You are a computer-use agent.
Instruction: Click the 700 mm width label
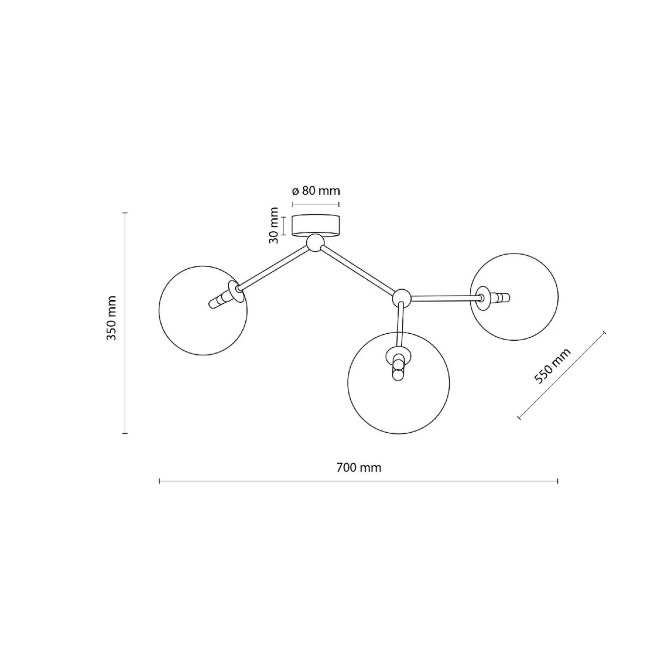coord(359,468)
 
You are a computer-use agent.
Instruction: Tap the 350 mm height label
coord(112,318)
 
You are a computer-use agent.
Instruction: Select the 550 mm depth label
coord(552,366)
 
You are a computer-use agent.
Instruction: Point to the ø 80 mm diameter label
coord(316,191)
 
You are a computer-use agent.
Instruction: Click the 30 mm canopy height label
coord(274,225)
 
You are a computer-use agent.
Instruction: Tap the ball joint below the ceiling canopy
coord(315,243)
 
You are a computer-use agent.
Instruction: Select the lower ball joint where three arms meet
coord(401,298)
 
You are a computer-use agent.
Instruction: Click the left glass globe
coord(203,311)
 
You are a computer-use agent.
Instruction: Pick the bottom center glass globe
coord(399,383)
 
